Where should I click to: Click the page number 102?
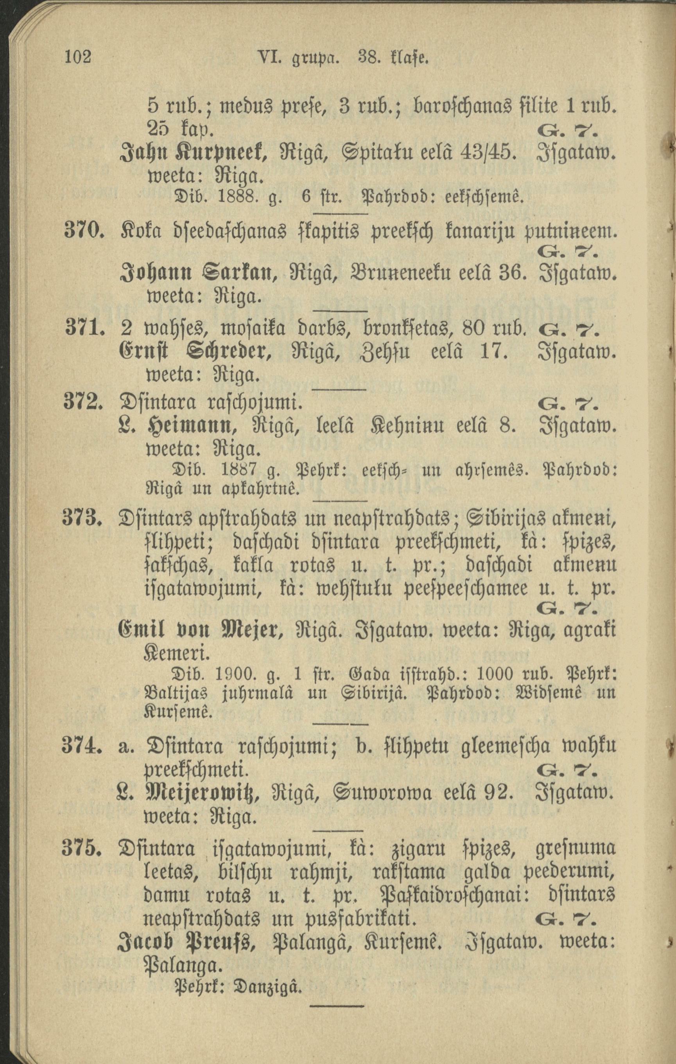click(x=78, y=57)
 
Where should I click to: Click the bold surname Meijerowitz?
click(x=203, y=796)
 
